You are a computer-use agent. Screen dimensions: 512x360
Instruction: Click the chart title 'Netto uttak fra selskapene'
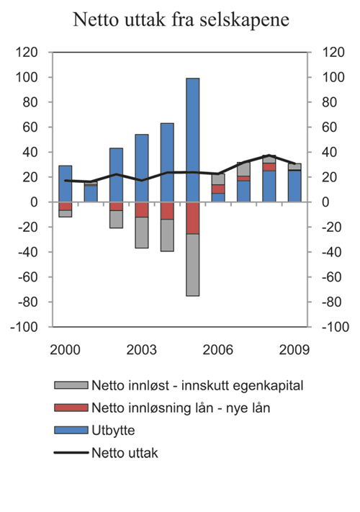click(x=181, y=21)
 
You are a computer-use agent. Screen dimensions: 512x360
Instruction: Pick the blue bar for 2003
click(x=142, y=168)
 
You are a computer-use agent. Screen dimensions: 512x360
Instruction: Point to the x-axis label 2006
click(x=218, y=349)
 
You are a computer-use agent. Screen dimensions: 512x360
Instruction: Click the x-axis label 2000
click(x=66, y=349)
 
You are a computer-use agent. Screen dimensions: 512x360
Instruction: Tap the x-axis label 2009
click(x=294, y=349)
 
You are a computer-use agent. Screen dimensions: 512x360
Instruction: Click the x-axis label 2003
click(x=142, y=349)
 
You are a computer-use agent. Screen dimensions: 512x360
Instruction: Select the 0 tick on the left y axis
click(x=43, y=202)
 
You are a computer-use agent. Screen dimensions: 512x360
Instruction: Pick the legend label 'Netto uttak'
click(x=124, y=454)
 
